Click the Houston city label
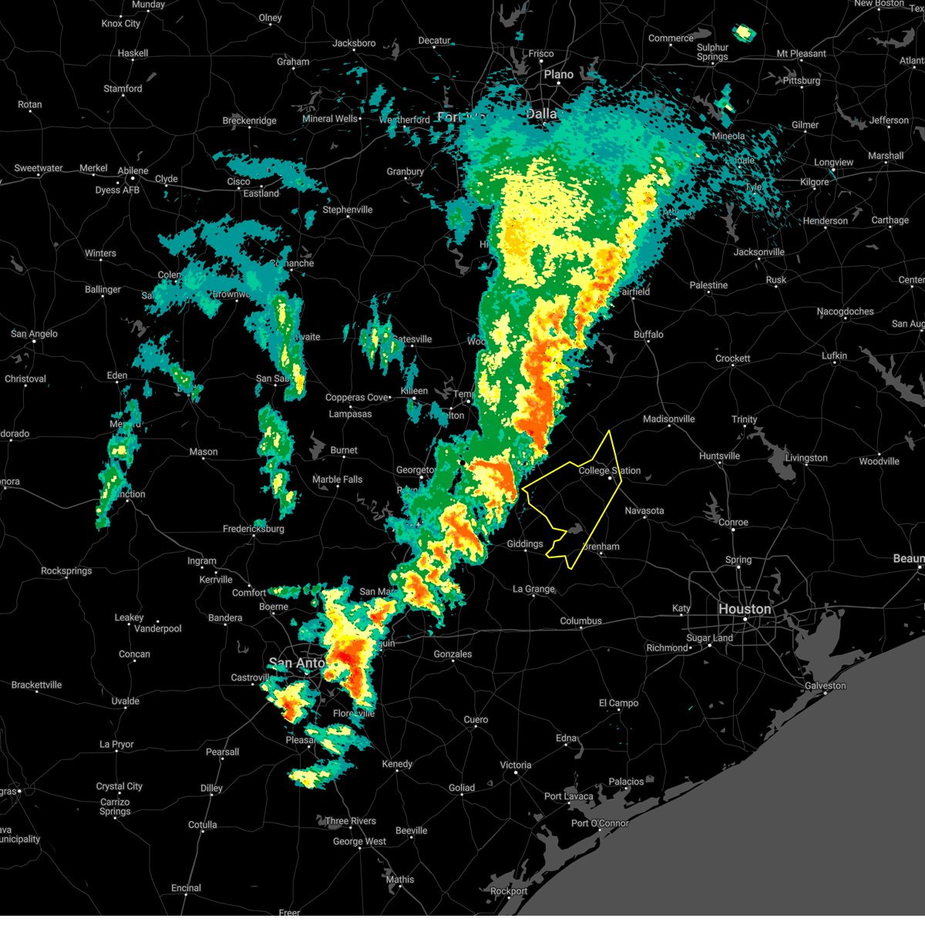pos(744,609)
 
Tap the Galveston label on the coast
pos(825,685)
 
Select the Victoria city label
pos(515,765)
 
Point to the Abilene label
pos(133,171)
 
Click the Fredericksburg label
pos(253,529)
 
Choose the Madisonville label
pos(668,419)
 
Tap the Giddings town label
pos(524,543)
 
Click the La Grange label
pos(533,589)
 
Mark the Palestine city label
pos(708,285)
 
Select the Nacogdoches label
pos(845,311)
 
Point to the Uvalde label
pos(125,701)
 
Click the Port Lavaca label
pos(568,796)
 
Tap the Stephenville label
pos(347,210)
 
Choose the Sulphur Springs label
pos(712,52)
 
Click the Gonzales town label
pos(452,654)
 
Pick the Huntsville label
pos(718,456)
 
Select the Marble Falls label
pos(337,479)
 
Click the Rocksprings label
pos(66,570)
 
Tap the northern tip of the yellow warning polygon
pos(610,431)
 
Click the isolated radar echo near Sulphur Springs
pos(743,32)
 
